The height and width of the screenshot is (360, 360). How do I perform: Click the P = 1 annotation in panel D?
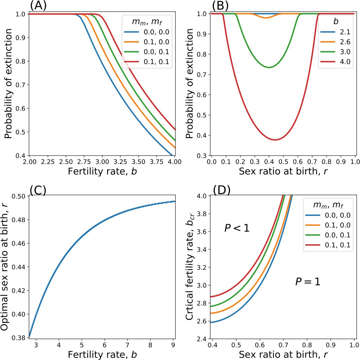(308, 282)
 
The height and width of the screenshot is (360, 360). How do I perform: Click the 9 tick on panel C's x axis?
(173, 346)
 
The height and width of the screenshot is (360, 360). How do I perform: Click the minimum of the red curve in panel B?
(276, 140)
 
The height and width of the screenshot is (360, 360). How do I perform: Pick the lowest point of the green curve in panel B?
(269, 67)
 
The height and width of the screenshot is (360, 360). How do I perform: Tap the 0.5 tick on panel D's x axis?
(236, 346)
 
